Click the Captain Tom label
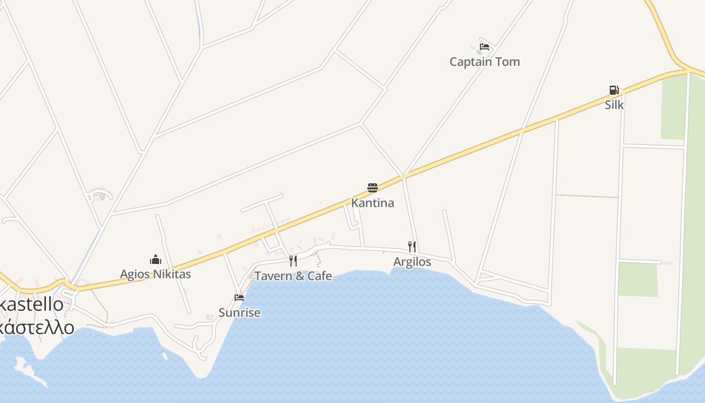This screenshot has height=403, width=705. [x=484, y=62]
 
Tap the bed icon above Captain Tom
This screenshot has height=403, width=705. [x=484, y=47]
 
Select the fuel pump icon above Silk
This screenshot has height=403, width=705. [x=614, y=90]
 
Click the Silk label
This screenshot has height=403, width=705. [x=614, y=105]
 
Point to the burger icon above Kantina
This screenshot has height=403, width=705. [x=372, y=188]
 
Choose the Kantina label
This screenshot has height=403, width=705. [x=372, y=203]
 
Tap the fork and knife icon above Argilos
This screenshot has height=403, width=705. [x=412, y=246]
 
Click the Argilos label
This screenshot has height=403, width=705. [x=412, y=262]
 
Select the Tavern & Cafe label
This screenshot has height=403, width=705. [x=293, y=276]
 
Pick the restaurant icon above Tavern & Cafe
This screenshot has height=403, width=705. [x=293, y=260]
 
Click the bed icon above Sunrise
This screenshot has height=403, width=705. [x=239, y=297]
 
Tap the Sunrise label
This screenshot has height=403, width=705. [x=239, y=313]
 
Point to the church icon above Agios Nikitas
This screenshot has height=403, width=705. [x=155, y=259]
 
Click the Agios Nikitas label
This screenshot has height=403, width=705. [x=155, y=275]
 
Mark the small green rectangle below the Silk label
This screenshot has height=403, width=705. [x=638, y=279]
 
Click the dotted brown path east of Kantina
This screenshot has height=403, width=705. [x=587, y=196]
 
